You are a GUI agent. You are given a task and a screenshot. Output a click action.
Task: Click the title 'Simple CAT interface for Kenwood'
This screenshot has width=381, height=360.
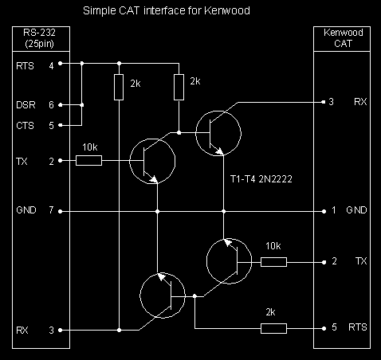pyautogui.click(x=167, y=11)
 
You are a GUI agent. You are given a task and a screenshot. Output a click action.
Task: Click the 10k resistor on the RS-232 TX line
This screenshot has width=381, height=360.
pyautogui.click(x=88, y=161)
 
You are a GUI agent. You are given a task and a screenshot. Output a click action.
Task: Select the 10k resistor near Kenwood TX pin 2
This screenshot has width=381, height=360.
pyautogui.click(x=273, y=262)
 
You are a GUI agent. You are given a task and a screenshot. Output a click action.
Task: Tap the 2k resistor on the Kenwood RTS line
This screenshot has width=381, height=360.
pyautogui.click(x=273, y=328)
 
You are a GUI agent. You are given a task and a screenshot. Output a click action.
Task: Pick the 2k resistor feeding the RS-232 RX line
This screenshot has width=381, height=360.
pyautogui.click(x=119, y=88)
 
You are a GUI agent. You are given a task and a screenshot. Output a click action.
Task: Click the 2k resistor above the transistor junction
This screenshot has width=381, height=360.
pyautogui.click(x=179, y=88)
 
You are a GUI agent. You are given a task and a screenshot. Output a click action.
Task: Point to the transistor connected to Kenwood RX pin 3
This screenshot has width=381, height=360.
pyautogui.click(x=218, y=133)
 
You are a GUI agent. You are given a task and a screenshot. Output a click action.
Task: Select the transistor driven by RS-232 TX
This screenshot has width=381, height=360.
pyautogui.click(x=152, y=161)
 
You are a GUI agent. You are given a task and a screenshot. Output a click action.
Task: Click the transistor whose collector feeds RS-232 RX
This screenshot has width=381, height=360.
pyautogui.click(x=163, y=295)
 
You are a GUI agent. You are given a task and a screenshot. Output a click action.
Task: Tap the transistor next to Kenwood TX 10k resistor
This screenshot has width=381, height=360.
pyautogui.click(x=229, y=261)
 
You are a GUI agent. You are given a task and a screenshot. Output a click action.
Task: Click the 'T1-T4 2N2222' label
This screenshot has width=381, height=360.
pyautogui.click(x=261, y=179)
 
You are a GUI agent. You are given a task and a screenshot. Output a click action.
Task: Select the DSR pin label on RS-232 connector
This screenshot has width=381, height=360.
pyautogui.click(x=26, y=105)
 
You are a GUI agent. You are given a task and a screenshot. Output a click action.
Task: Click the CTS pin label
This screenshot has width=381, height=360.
pyautogui.click(x=26, y=125)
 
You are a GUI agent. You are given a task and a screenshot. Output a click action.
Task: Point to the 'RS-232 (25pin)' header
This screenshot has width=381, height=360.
pyautogui.click(x=39, y=38)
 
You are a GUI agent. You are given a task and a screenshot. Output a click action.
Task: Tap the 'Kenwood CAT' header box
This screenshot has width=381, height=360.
pyautogui.click(x=342, y=39)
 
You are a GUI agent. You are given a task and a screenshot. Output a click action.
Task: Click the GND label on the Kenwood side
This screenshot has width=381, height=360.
pyautogui.click(x=356, y=210)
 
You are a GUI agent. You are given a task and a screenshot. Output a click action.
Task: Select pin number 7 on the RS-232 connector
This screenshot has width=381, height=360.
pyautogui.click(x=51, y=210)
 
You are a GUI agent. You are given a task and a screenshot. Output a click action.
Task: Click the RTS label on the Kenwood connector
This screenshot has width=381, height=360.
pyautogui.click(x=358, y=327)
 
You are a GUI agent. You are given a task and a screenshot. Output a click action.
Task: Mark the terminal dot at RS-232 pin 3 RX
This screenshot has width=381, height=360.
pyautogui.click(x=61, y=331)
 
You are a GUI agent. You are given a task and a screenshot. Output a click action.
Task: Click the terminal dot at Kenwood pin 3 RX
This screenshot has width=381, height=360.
pyautogui.click(x=324, y=102)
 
